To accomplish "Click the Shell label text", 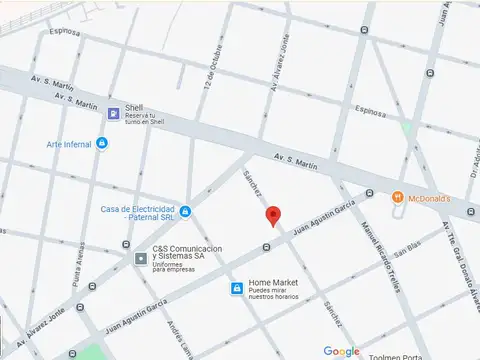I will tap(133, 108).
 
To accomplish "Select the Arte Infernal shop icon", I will tap(101, 143).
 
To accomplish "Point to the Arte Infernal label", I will tap(68, 144).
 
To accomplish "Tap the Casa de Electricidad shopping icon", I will tap(185, 211).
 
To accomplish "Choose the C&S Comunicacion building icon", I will tap(141, 258).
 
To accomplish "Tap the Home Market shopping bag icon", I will tap(236, 289).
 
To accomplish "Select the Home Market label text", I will tap(272, 283).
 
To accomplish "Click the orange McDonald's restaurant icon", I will tap(398, 197).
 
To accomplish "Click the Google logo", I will tap(342, 351).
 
